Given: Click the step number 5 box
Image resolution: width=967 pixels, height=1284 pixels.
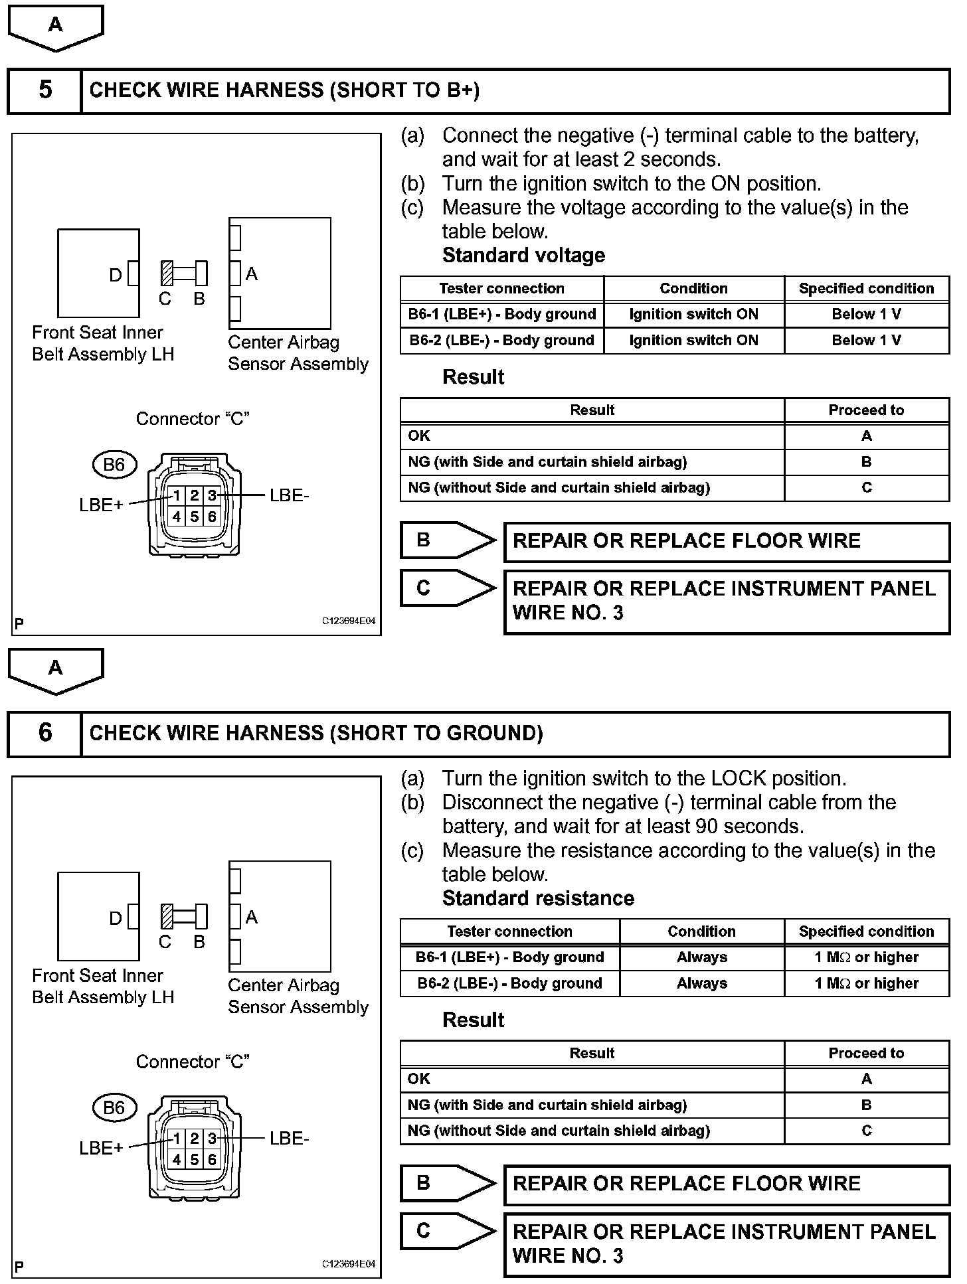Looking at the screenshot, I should (44, 90).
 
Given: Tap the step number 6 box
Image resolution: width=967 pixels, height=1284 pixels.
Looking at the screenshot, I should (44, 733).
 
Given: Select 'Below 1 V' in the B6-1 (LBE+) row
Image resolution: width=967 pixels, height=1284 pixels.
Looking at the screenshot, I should (866, 314).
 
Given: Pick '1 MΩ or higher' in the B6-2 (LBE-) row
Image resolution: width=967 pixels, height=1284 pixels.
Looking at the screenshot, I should (866, 983).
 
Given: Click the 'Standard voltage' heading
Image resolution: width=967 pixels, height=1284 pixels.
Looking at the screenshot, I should (523, 256).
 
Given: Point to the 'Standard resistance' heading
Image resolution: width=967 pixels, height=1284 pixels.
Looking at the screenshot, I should (538, 898).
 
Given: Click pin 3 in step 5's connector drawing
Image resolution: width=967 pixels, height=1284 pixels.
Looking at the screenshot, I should (212, 495).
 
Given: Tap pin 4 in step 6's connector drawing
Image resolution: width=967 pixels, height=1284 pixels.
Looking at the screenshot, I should (177, 1159).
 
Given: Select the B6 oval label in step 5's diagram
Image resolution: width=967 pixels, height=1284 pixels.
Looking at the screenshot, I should (114, 465).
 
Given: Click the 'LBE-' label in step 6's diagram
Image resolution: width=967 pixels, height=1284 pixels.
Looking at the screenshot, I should (290, 1139).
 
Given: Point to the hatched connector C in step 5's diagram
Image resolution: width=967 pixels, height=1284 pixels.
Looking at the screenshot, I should (167, 273).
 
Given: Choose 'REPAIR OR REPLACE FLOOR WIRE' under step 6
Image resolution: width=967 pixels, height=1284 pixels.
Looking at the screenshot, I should (686, 1184).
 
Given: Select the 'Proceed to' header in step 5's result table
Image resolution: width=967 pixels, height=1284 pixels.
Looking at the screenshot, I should (866, 410).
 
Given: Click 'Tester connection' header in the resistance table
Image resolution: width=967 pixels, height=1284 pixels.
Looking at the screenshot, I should (509, 931).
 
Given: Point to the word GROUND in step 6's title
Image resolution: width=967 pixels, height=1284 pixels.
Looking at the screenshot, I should (494, 733).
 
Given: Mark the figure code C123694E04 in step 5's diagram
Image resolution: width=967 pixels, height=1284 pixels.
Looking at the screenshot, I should (349, 621).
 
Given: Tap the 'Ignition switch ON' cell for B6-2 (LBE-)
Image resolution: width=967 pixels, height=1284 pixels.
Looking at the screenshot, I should (693, 341).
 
